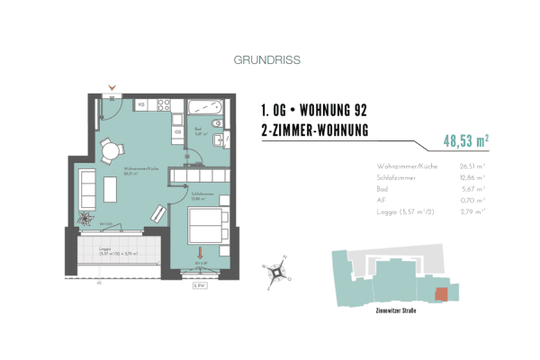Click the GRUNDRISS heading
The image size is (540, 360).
coord(266,61)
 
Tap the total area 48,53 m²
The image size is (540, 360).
coord(465,140)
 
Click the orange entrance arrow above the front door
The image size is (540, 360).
coord(111,87)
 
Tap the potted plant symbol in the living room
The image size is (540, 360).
coord(84,218)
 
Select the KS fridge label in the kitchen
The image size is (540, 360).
coord(141,105)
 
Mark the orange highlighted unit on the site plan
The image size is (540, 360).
coord(439,294)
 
